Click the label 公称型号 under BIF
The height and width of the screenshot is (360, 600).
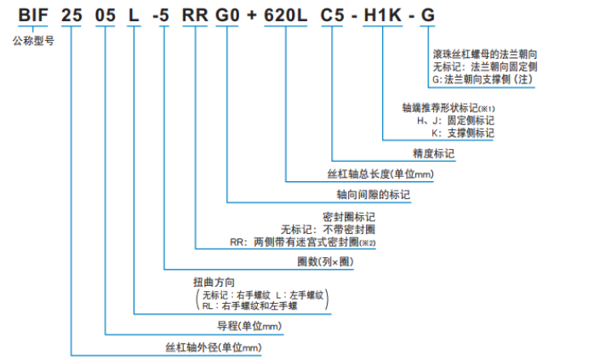(33, 38)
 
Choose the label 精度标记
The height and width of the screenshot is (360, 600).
(433, 153)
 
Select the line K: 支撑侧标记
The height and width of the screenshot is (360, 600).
(457, 133)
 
